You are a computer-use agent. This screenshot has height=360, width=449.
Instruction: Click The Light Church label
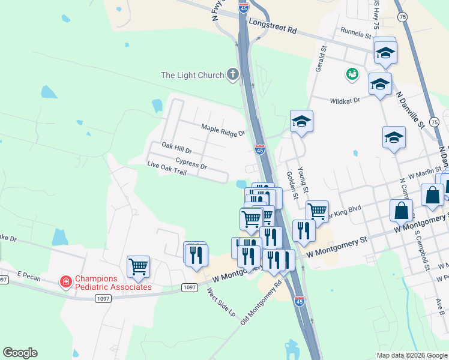coord(192,75)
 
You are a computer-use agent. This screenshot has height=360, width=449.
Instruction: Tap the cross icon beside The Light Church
coord(232,74)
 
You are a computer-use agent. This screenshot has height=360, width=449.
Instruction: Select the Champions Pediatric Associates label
coord(113,283)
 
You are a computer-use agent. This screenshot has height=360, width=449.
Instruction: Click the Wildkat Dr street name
coord(345,101)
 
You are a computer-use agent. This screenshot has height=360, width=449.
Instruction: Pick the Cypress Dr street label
coord(191,163)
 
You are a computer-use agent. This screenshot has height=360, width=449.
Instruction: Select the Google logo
coord(20,353)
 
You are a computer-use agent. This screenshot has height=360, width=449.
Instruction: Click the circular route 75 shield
coord(402,17)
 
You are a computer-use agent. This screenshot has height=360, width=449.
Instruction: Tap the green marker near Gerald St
coord(352,74)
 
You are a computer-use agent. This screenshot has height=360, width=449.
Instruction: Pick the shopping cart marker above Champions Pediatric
coord(138,266)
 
